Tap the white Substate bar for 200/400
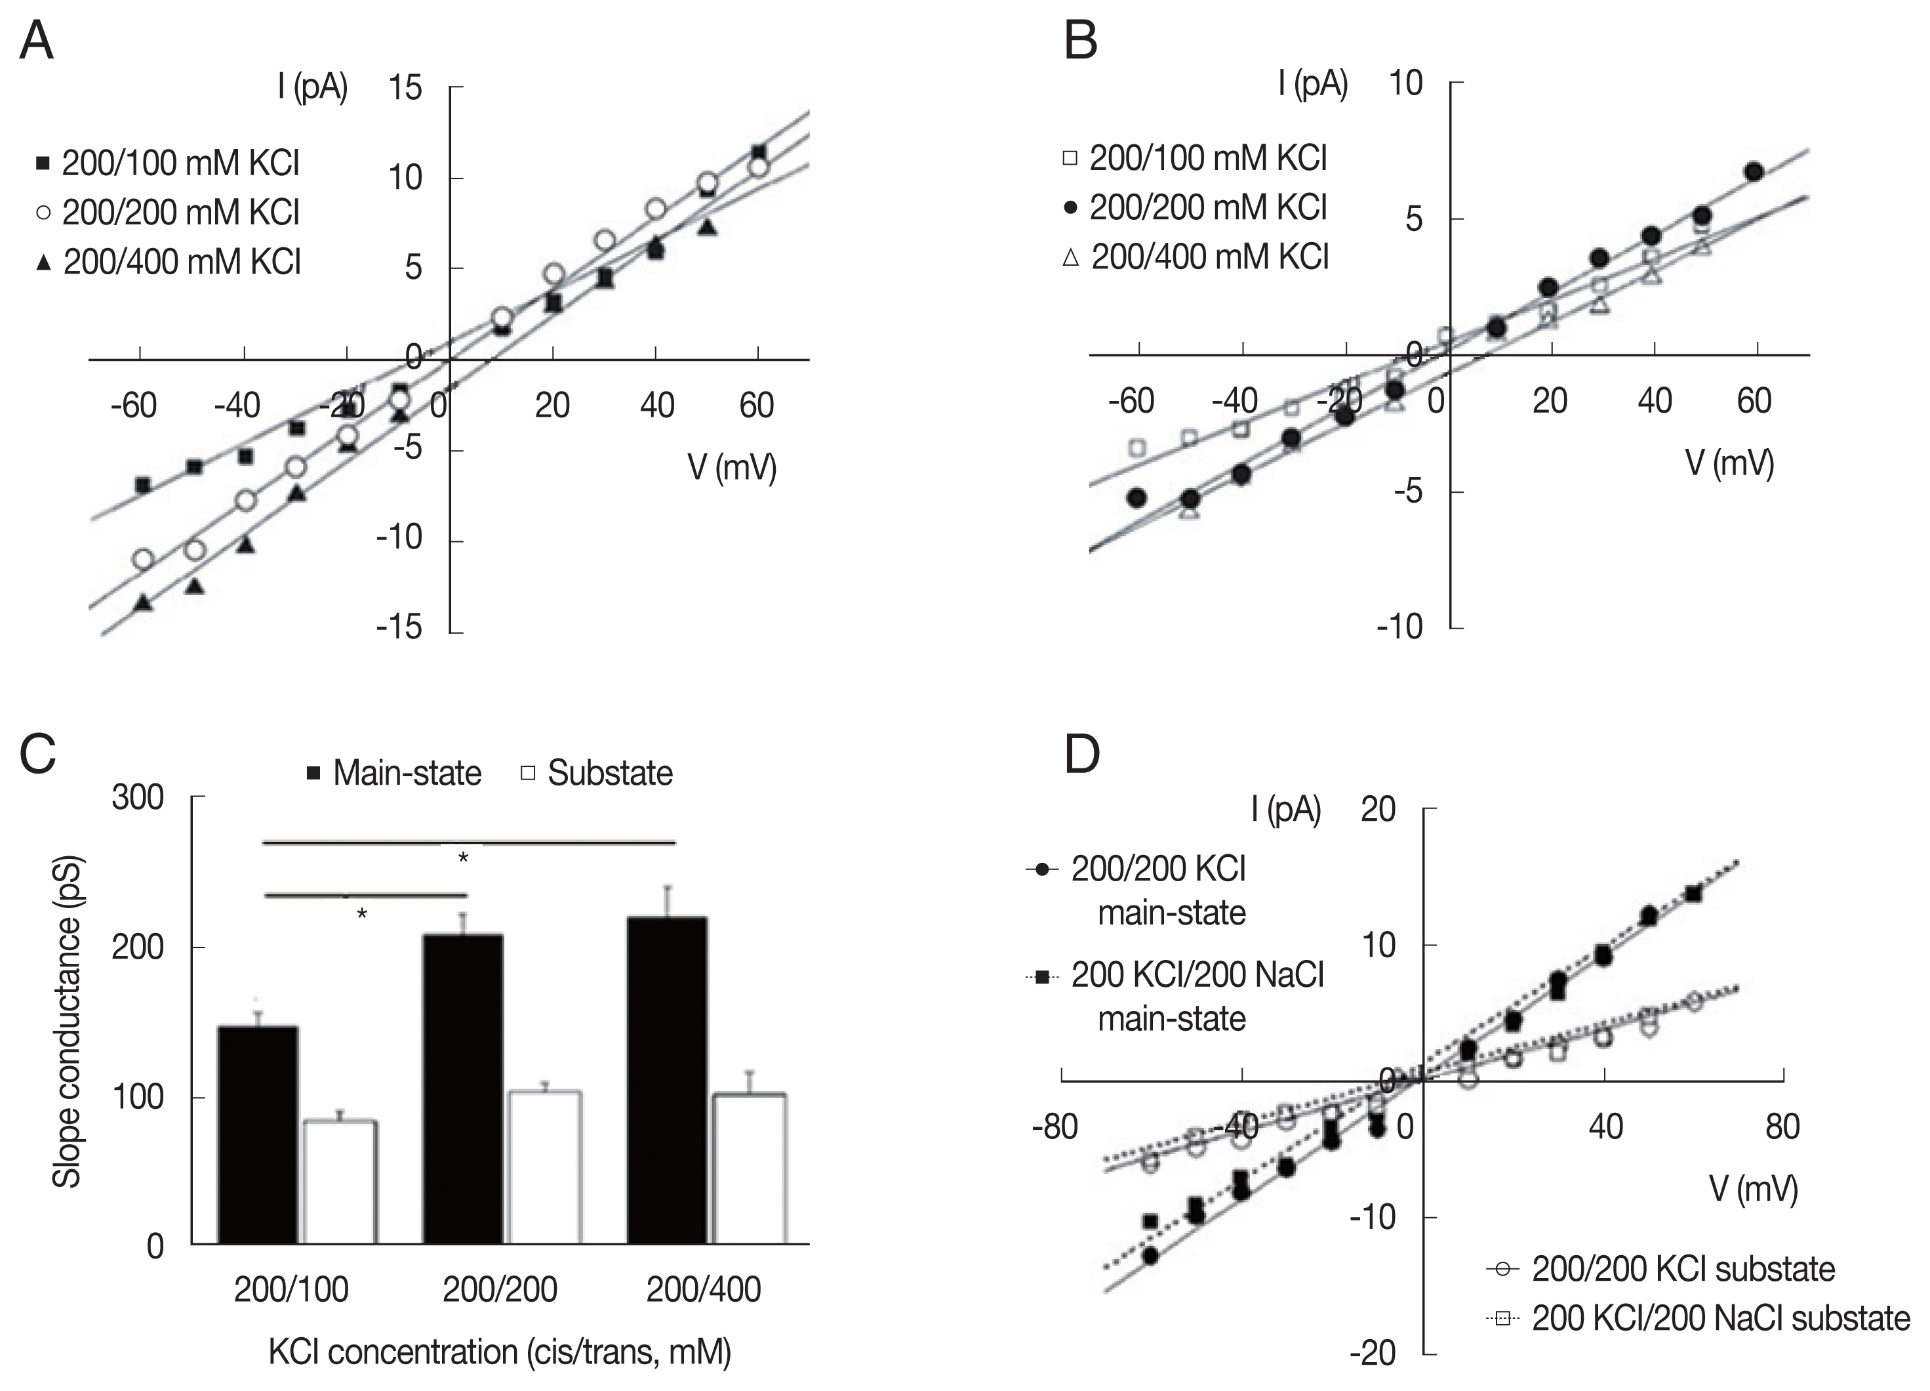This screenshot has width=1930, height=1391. pyautogui.click(x=749, y=1167)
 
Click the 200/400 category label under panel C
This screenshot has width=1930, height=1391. pyautogui.click(x=703, y=1290)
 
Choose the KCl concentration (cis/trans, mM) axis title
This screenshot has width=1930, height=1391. pyautogui.click(x=500, y=1352)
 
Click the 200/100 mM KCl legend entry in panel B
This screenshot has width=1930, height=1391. pyautogui.click(x=1195, y=158)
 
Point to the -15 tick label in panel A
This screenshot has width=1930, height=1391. pyautogui.click(x=400, y=627)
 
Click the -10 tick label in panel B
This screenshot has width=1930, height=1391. pyautogui.click(x=1400, y=627)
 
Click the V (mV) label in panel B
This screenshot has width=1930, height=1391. pyautogui.click(x=1729, y=463)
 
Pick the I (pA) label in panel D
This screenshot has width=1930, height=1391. pyautogui.click(x=1286, y=810)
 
